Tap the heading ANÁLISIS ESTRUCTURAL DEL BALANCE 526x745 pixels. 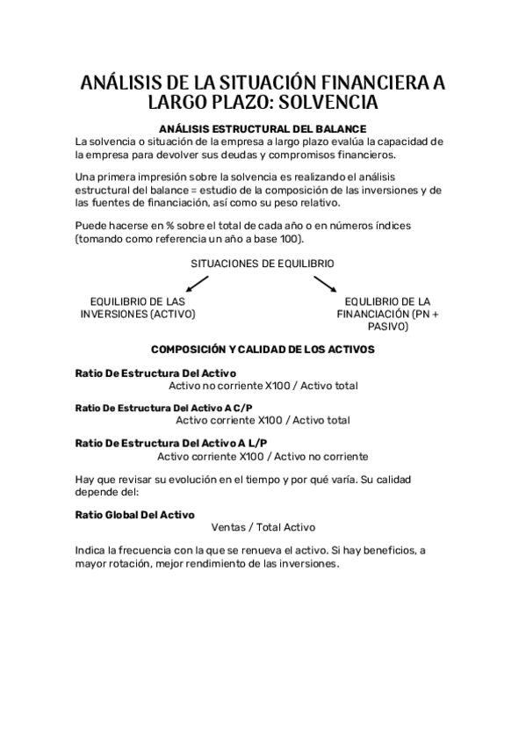tap(263, 128)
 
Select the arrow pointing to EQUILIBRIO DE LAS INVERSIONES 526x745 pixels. tap(197, 284)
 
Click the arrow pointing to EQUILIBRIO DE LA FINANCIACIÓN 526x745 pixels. tap(326, 284)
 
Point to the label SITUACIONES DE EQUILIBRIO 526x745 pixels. tap(263, 263)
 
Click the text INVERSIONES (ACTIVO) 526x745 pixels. tap(138, 314)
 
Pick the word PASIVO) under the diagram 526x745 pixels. tap(388, 327)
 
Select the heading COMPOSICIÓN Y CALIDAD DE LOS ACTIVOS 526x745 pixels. tap(263, 349)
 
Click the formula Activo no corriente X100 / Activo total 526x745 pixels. tap(263, 385)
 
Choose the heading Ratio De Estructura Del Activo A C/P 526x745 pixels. tap(163, 408)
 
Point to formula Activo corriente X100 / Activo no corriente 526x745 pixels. tap(263, 456)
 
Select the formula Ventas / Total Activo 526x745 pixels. tap(263, 527)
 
